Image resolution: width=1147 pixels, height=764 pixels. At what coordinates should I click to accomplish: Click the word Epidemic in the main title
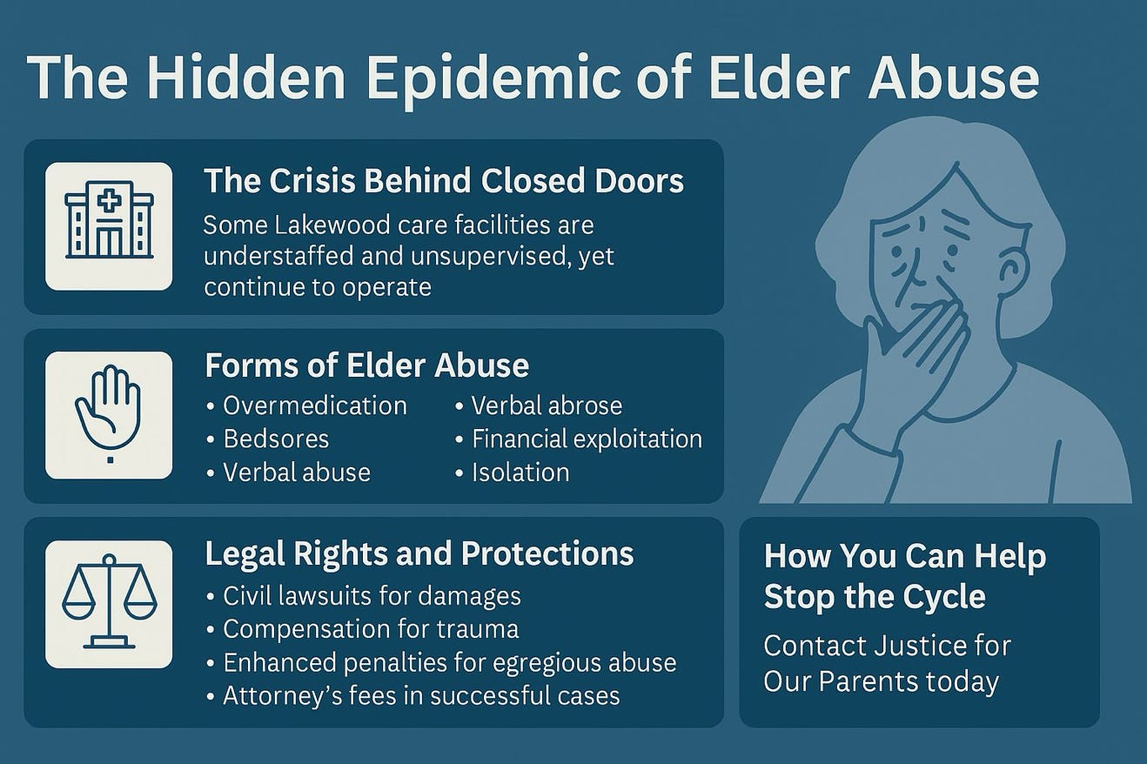click(x=488, y=78)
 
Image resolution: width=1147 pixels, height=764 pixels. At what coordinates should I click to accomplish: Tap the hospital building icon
click(x=109, y=219)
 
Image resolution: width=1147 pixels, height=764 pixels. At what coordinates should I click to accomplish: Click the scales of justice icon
click(x=109, y=601)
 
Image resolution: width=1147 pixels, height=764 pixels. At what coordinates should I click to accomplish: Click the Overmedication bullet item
click(x=306, y=406)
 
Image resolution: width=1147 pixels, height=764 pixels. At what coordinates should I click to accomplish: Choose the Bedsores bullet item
click(x=268, y=439)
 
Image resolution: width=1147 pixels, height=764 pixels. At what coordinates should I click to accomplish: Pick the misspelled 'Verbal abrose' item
click(x=539, y=406)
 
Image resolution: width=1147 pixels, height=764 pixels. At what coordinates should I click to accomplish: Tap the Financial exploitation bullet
click(x=579, y=439)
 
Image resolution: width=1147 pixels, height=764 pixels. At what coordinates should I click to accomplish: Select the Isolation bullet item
click(x=512, y=472)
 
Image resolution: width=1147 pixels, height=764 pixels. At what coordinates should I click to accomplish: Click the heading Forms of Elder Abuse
click(x=366, y=365)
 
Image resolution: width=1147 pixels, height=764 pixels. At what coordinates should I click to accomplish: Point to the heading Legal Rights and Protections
click(x=419, y=554)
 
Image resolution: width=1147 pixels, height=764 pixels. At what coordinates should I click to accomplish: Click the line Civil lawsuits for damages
click(x=364, y=596)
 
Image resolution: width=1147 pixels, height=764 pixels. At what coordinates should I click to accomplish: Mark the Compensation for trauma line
click(x=363, y=629)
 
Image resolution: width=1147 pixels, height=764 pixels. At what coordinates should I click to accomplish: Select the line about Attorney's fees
click(x=413, y=696)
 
